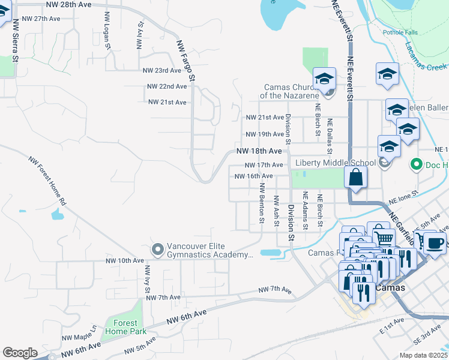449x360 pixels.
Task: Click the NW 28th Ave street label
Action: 70,4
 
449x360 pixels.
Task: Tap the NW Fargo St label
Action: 185,61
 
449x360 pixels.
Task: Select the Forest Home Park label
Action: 125,326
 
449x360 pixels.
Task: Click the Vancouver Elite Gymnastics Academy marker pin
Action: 158,248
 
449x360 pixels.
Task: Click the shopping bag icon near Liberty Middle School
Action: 356,178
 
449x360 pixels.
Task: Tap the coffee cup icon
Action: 435,243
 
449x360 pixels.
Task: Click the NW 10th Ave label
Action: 125,261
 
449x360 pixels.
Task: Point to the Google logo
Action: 20,352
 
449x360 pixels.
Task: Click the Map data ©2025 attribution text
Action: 423,355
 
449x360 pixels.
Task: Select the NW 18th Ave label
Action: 259,151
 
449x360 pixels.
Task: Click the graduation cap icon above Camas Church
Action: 324,78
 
